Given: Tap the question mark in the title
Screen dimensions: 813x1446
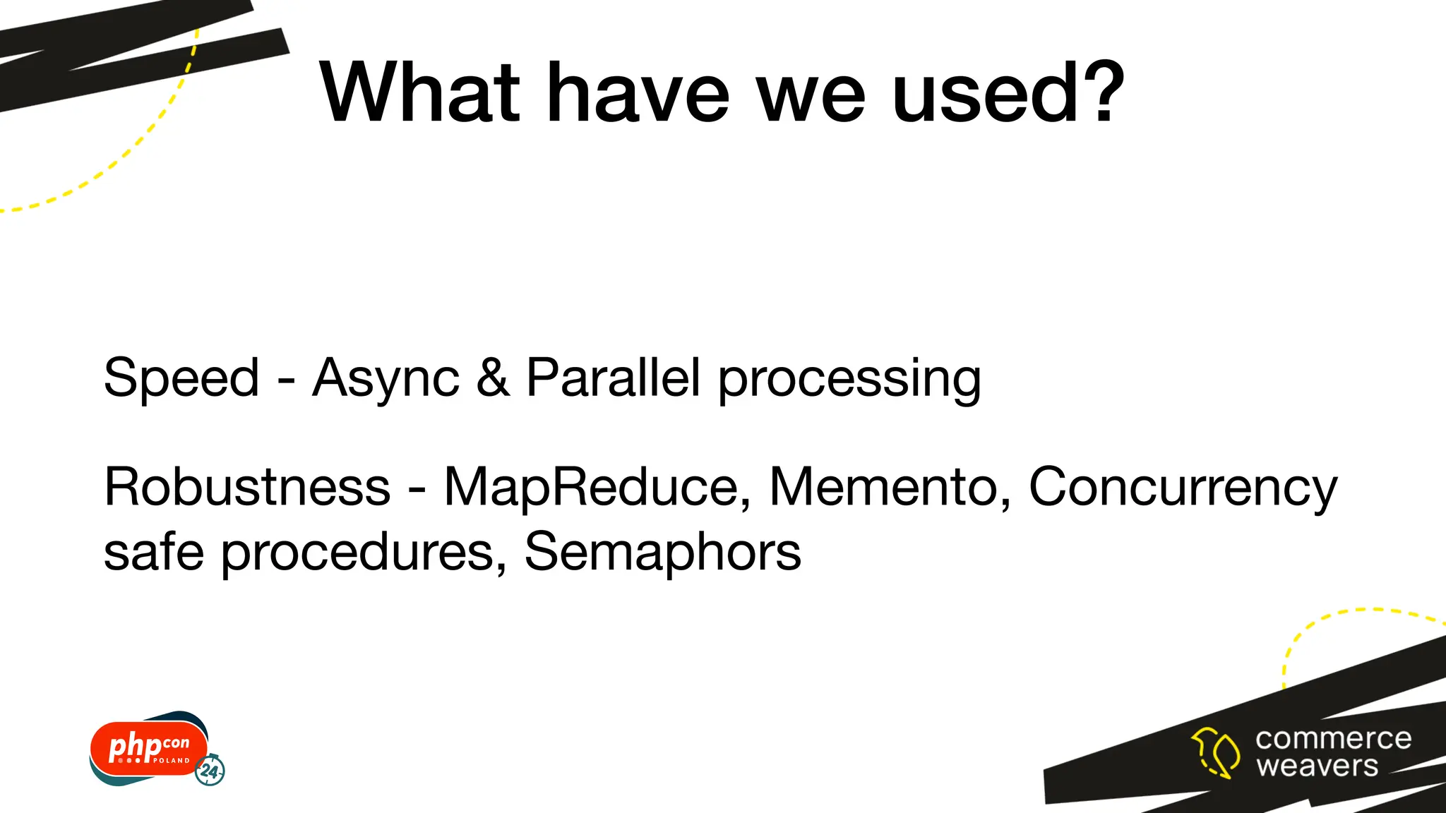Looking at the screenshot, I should [1099, 92].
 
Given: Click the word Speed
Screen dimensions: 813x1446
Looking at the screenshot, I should [181, 378].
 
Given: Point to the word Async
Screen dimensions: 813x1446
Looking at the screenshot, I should [386, 379].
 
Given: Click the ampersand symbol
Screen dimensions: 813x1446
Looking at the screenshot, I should [493, 378].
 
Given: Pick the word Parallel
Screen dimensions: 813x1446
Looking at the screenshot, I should [614, 378].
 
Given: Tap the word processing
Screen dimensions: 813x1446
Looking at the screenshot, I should [849, 379].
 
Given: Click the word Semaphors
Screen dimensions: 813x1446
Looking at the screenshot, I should [662, 552].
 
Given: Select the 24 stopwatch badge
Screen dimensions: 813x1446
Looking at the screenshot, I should [210, 770].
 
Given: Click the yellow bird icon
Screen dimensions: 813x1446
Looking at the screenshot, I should [1215, 752].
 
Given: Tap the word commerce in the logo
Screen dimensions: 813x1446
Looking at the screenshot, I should [1333, 739].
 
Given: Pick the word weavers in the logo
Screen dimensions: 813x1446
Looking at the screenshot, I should [1317, 766].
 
